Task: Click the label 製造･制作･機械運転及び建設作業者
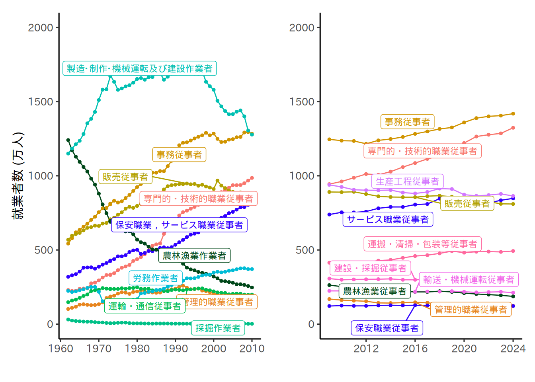click(139, 68)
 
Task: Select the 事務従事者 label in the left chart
click(179, 154)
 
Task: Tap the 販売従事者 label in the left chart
click(125, 177)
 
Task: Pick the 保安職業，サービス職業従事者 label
click(179, 225)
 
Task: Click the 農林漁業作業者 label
click(194, 255)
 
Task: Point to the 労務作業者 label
click(156, 278)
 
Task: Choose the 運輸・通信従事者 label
click(145, 306)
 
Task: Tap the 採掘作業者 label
click(218, 328)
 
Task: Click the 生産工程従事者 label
click(407, 181)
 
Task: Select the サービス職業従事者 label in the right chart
click(388, 219)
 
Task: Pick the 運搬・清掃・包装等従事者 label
click(422, 244)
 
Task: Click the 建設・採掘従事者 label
click(370, 268)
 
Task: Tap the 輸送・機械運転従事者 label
click(469, 280)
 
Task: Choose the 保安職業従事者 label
click(387, 328)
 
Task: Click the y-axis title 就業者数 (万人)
click(18, 175)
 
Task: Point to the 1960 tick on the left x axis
click(61, 349)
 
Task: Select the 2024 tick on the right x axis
click(513, 349)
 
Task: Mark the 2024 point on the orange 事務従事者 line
click(513, 114)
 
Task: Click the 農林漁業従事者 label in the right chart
click(375, 291)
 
